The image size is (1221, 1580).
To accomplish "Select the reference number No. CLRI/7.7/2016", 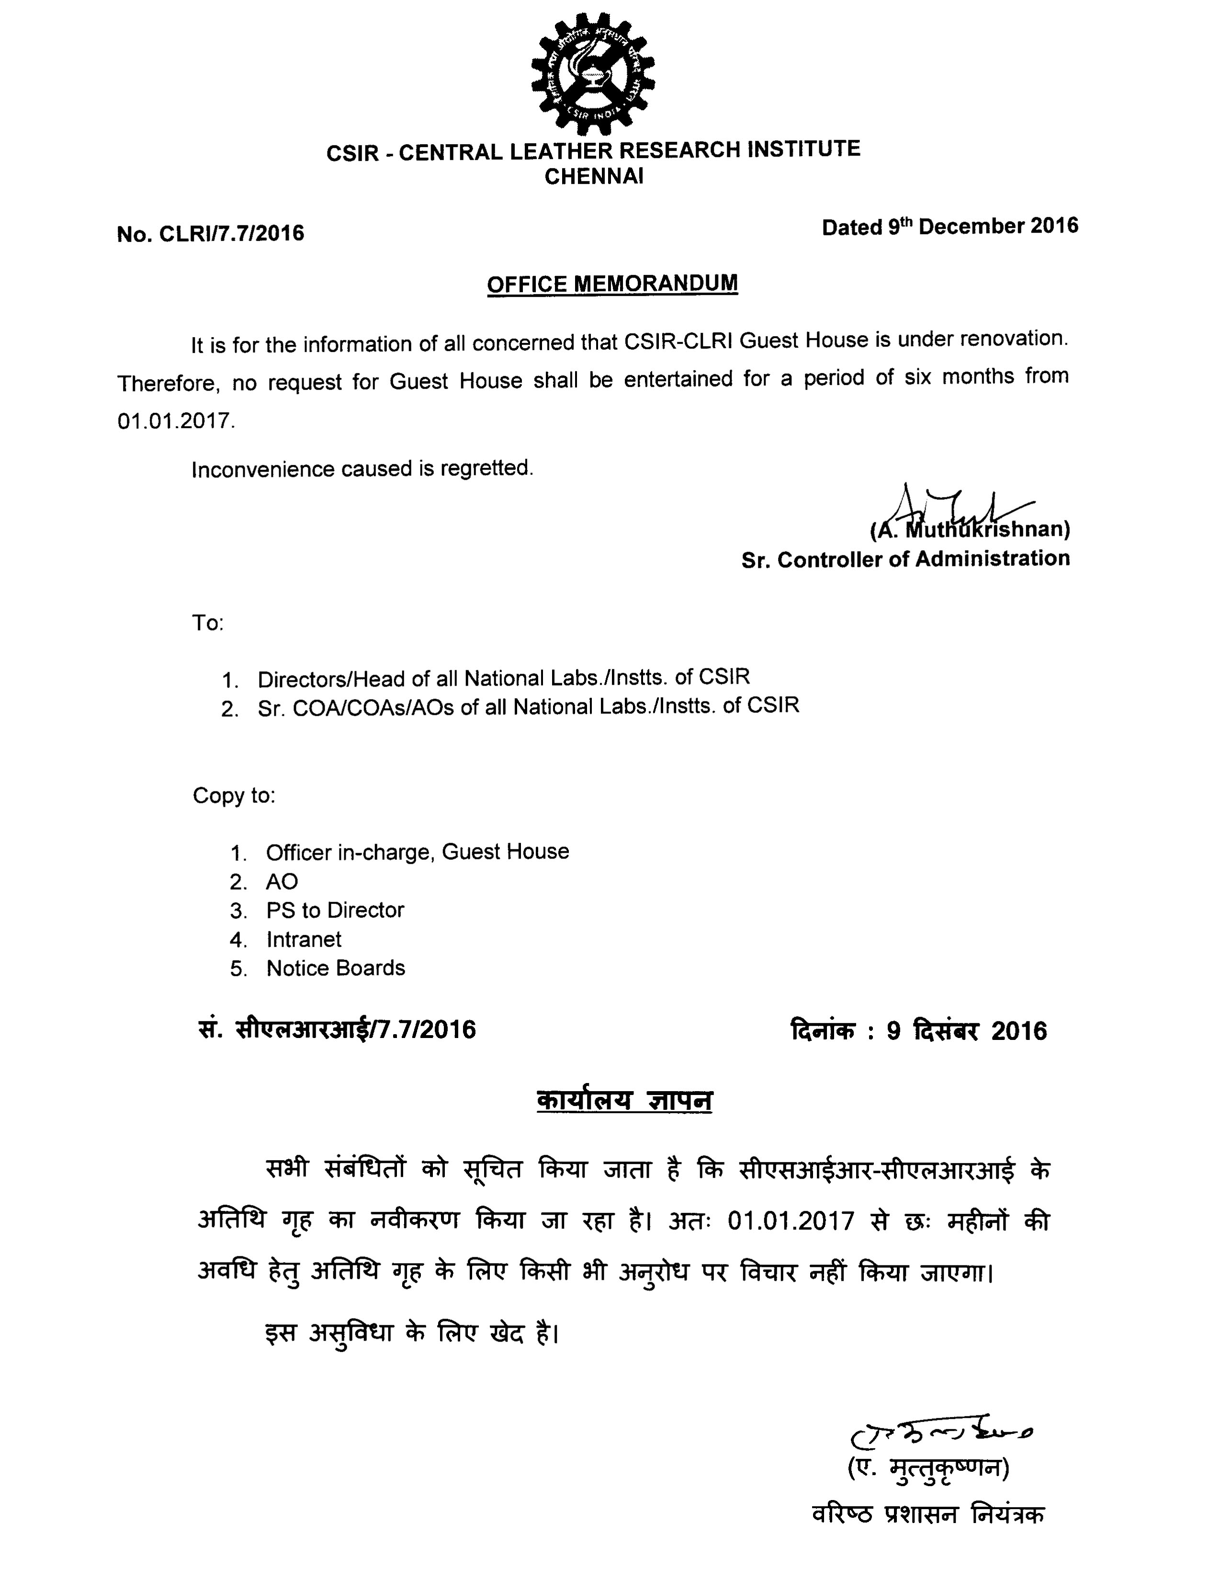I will (x=211, y=234).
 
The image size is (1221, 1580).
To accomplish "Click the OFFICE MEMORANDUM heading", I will (x=612, y=283).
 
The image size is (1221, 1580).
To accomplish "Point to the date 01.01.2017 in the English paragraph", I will (x=176, y=421).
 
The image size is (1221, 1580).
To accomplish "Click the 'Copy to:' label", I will (x=234, y=796).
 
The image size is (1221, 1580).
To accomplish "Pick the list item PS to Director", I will (x=335, y=910).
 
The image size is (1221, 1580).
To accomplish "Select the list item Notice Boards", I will (x=336, y=969).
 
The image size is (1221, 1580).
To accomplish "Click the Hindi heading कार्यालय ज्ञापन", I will (x=624, y=1100).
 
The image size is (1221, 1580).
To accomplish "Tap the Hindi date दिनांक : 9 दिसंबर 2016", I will (x=919, y=1031).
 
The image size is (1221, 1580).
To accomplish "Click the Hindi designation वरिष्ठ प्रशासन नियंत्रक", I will (x=928, y=1514).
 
